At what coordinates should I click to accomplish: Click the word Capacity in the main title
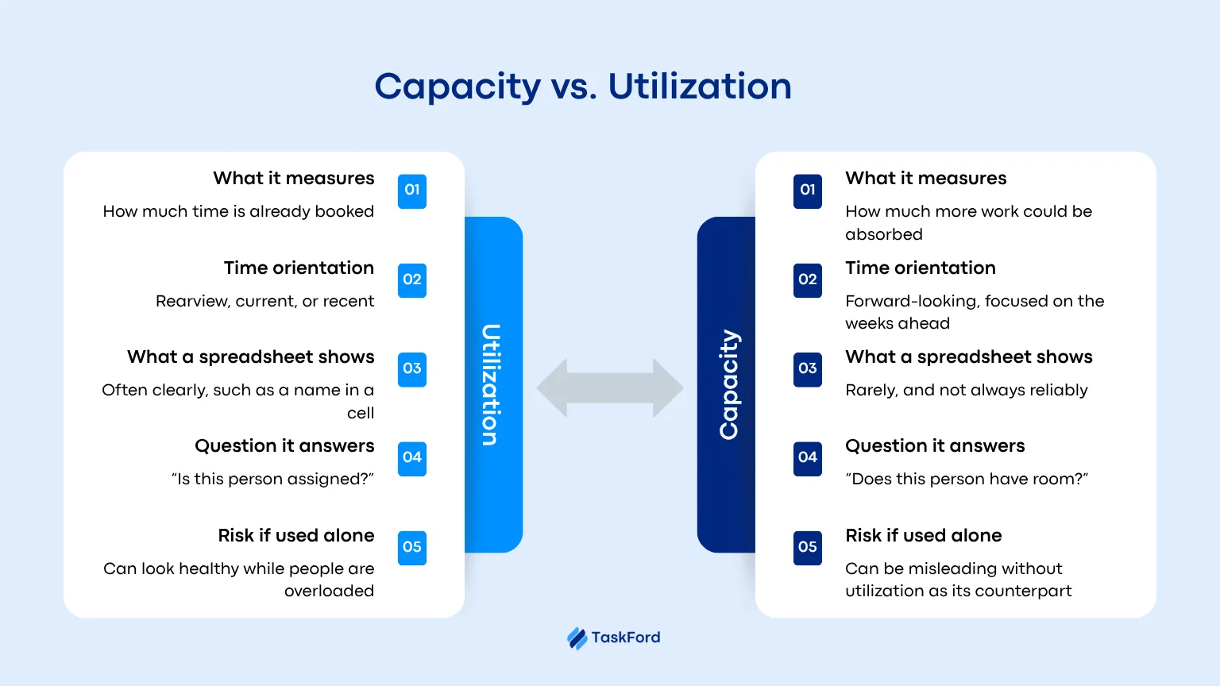tap(457, 87)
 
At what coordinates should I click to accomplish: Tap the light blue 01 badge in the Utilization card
tap(411, 191)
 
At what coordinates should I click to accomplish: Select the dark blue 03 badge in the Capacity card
tap(807, 370)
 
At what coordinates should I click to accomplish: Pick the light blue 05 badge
tap(411, 548)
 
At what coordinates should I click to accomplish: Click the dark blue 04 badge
tap(807, 458)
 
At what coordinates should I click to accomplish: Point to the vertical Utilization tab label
tap(491, 385)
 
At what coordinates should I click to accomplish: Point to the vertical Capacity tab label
tap(729, 384)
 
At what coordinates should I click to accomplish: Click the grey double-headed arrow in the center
tap(609, 387)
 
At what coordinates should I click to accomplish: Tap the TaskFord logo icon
tap(577, 638)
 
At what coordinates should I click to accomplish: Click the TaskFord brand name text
tap(625, 637)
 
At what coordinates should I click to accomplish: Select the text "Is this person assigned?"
tap(273, 479)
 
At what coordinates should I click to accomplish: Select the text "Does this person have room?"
tap(967, 479)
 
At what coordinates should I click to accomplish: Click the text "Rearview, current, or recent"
tap(264, 301)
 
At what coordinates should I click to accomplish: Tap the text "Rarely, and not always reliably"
tap(966, 391)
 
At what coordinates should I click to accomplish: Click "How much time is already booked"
tap(238, 211)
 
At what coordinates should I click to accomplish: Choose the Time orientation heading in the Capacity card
tap(921, 268)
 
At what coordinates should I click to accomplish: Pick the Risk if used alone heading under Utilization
tap(296, 535)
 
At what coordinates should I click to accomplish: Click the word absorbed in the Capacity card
tap(884, 234)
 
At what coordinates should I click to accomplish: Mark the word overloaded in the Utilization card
tap(329, 591)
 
